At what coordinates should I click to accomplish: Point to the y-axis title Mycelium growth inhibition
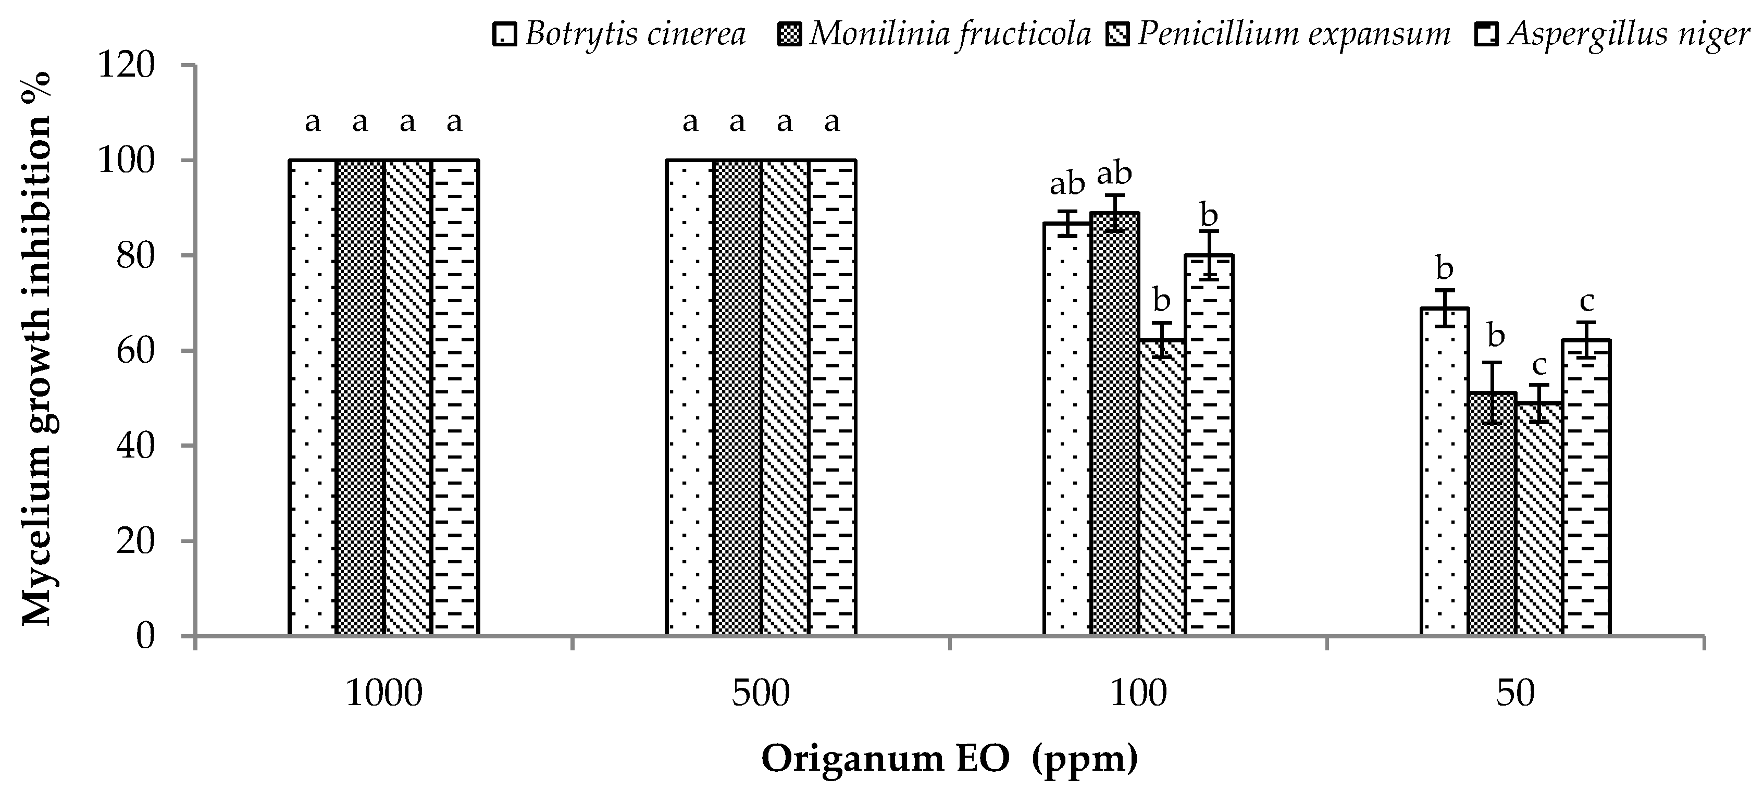(38, 349)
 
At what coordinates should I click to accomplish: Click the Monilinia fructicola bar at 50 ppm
(1492, 521)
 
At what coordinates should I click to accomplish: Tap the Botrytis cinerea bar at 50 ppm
(1445, 479)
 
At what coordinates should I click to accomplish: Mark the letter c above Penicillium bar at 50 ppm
(1539, 366)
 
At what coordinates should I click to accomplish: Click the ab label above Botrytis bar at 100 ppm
(1067, 184)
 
